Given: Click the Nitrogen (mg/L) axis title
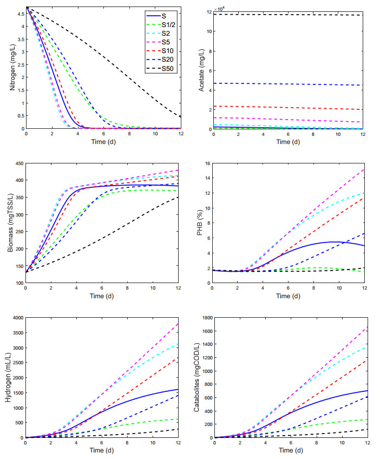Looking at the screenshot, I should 11,68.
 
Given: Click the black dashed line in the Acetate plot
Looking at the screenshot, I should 287,15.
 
